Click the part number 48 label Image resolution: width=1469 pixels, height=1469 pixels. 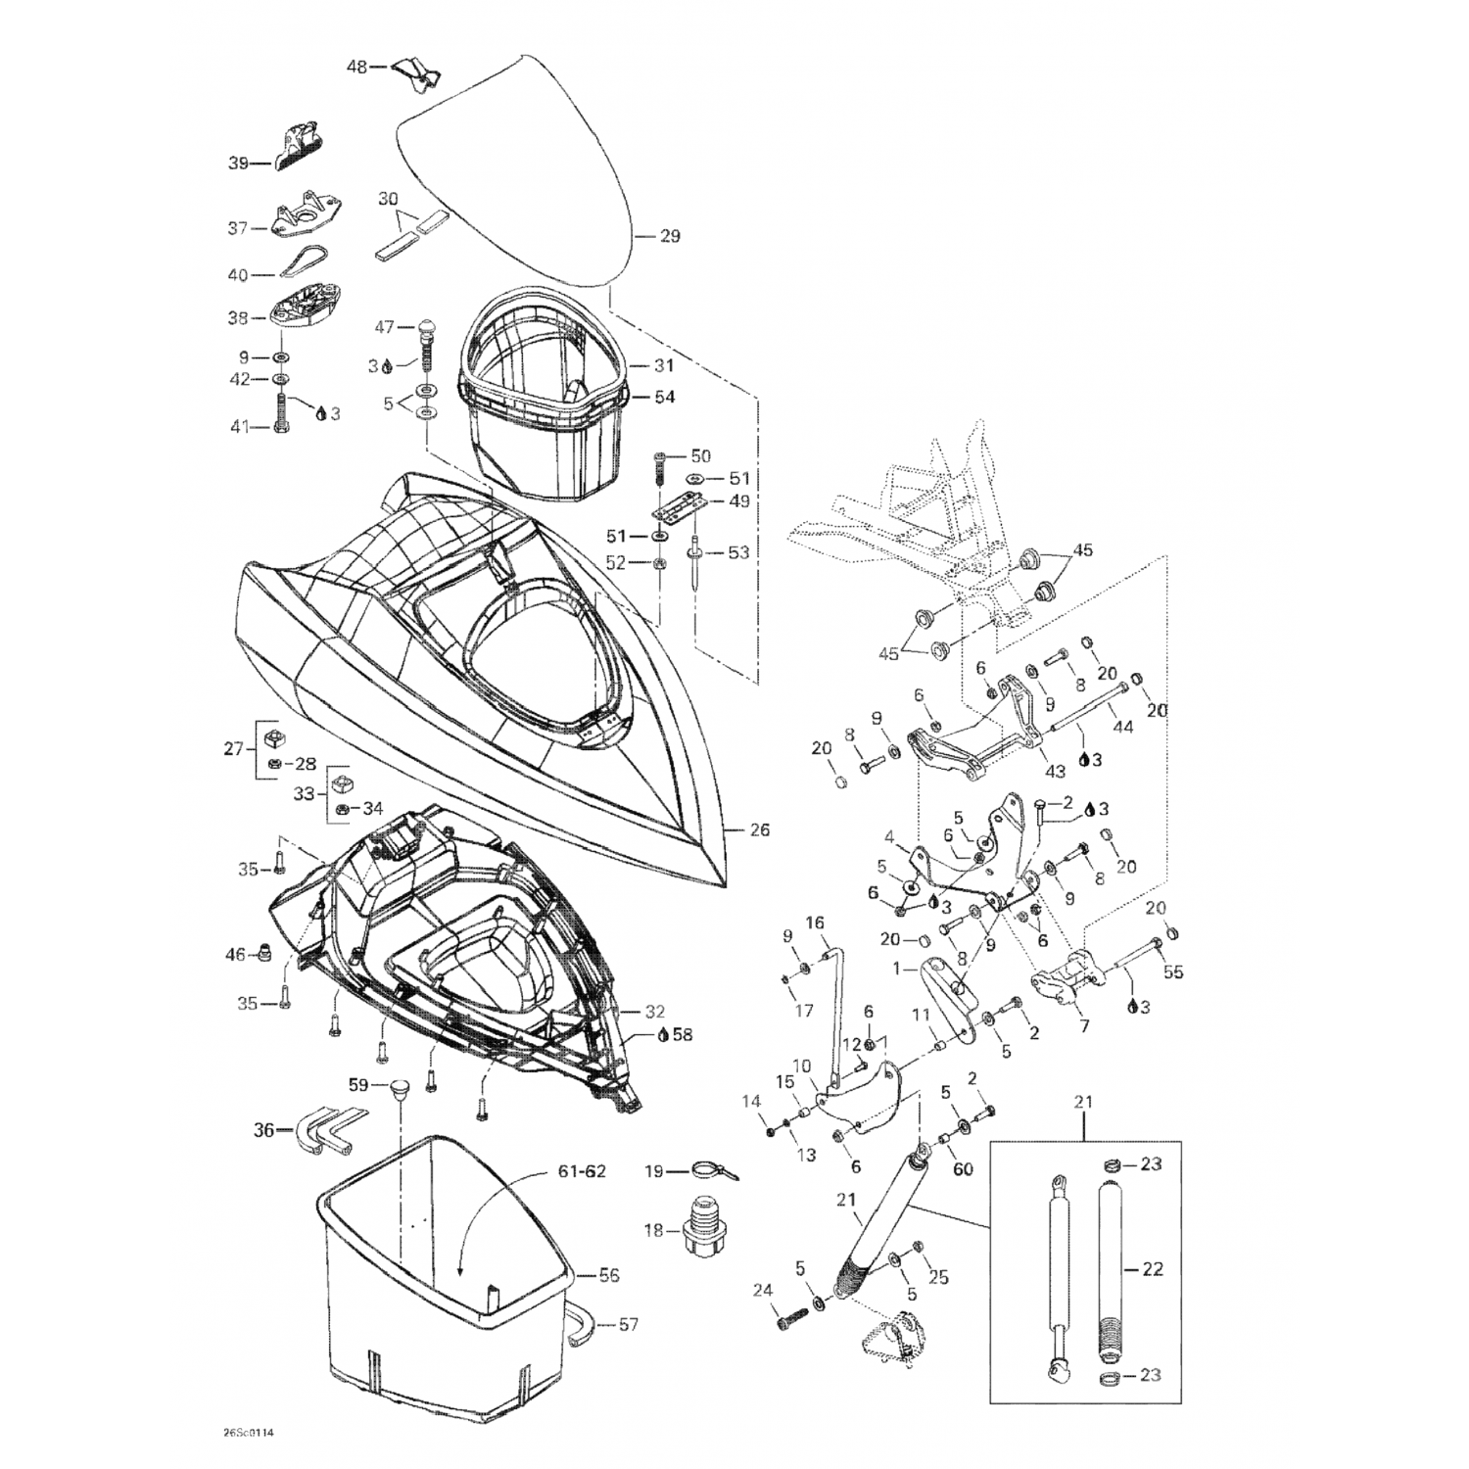pos(356,68)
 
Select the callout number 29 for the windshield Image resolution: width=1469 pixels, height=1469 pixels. pos(670,236)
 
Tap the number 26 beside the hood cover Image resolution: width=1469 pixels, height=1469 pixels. pos(760,830)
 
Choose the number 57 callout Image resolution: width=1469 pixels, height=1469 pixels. pos(628,1324)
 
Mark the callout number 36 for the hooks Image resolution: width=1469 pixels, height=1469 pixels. pos(263,1128)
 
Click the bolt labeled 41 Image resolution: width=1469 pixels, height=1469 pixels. pos(282,414)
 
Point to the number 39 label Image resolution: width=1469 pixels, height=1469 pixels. pos(238,164)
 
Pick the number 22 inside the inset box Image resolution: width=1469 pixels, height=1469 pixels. pos(1152,1268)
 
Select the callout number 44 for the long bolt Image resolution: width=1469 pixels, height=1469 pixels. pos(1123,729)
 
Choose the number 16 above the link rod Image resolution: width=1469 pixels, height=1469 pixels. pos(816,923)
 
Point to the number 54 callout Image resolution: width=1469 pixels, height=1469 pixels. pos(664,398)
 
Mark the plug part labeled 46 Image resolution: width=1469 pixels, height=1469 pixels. pos(263,952)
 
